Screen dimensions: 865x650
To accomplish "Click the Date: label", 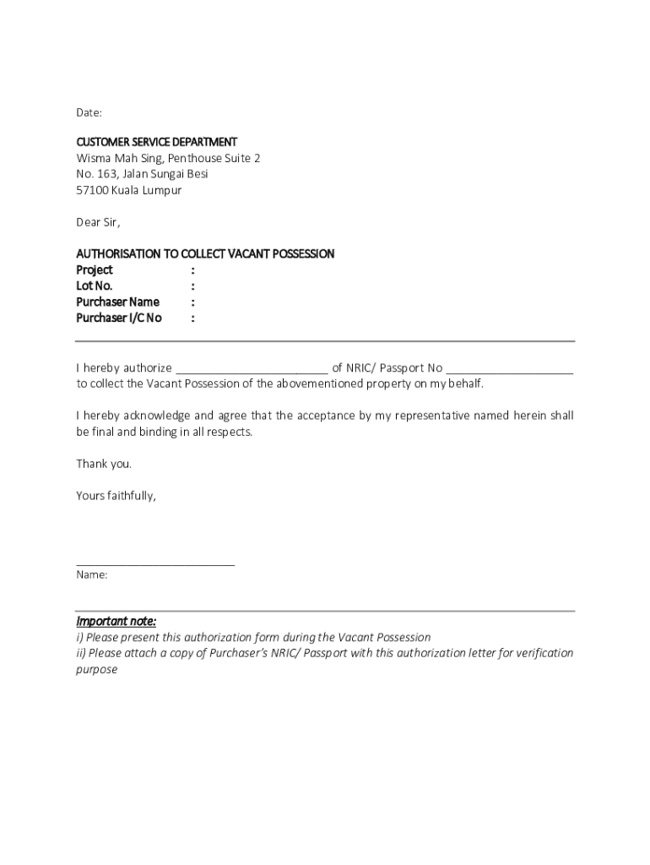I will [x=89, y=112].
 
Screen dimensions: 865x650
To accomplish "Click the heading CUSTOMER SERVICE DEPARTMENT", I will [x=157, y=142].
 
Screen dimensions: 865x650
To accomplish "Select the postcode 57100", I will [x=92, y=190].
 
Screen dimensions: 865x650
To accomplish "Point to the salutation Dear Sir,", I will [x=99, y=222].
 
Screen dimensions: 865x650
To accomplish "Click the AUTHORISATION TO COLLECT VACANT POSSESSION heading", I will [x=205, y=253].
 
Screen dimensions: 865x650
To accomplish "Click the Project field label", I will [x=95, y=270].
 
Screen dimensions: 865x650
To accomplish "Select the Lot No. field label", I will [x=94, y=286].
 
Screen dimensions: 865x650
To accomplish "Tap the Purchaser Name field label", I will [x=117, y=302].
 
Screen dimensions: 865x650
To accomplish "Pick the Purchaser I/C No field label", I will [x=119, y=318].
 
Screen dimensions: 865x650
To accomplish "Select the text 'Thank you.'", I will [x=104, y=464].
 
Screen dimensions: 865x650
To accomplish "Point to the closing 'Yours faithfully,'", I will [x=116, y=496].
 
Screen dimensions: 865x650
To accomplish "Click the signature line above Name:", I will [x=155, y=563].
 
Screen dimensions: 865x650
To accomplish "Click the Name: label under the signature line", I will [x=92, y=574].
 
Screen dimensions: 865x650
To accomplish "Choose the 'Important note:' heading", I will [x=116, y=621].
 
